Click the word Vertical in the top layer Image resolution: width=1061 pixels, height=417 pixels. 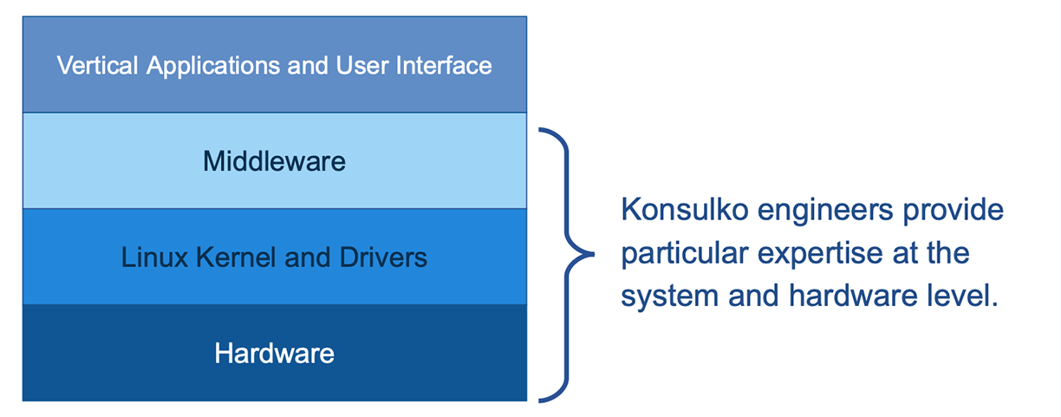97,65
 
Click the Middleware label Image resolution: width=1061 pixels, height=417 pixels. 274,161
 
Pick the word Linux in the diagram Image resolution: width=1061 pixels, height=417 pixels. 155,257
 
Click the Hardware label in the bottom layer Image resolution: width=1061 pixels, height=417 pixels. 274,354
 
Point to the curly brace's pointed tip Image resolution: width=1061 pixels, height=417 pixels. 594,254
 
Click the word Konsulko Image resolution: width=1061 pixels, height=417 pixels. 685,210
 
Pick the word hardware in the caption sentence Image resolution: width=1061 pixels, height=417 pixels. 853,296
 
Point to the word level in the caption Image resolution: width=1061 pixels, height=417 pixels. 962,296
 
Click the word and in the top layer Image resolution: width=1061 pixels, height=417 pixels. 308,65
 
